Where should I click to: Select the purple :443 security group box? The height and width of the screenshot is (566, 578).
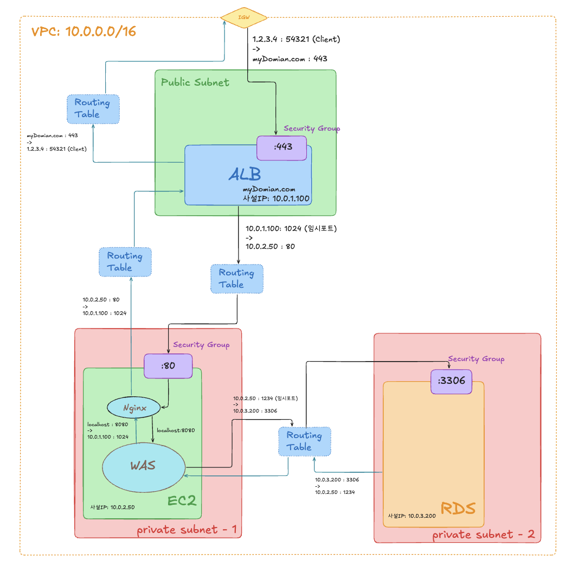[281, 148]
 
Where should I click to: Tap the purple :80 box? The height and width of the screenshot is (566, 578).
[168, 366]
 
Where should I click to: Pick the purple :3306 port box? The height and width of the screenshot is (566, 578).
[451, 381]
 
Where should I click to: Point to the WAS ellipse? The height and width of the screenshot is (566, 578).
[143, 465]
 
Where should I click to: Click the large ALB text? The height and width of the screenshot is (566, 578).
[244, 173]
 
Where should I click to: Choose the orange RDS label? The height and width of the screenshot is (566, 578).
[458, 509]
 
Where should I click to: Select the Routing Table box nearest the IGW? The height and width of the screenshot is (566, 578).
[93, 108]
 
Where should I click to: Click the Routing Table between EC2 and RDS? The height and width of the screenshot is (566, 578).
[304, 441]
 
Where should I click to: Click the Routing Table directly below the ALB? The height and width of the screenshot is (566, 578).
[236, 279]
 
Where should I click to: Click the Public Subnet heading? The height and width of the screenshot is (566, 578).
[195, 82]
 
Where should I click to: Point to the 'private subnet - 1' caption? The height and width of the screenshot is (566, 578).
[186, 530]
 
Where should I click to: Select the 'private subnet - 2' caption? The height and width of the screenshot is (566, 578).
[483, 535]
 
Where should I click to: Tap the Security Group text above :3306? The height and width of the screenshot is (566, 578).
[476, 359]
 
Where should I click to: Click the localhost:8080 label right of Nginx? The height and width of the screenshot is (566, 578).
[176, 430]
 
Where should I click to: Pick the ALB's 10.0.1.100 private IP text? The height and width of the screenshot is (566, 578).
[276, 198]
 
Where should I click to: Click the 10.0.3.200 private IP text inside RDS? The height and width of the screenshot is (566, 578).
[412, 516]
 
